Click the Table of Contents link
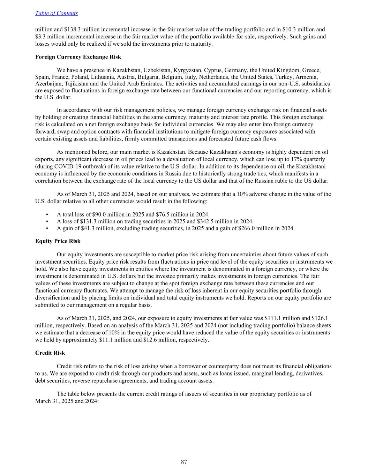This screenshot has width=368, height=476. tap(57, 13)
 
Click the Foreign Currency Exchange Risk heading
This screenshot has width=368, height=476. tap(78, 57)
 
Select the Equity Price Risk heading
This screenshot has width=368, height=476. tap(58, 241)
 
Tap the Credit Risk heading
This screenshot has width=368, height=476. tap(50, 353)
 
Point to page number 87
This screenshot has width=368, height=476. tap(184, 462)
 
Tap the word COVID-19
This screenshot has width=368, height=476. tap(65, 166)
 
